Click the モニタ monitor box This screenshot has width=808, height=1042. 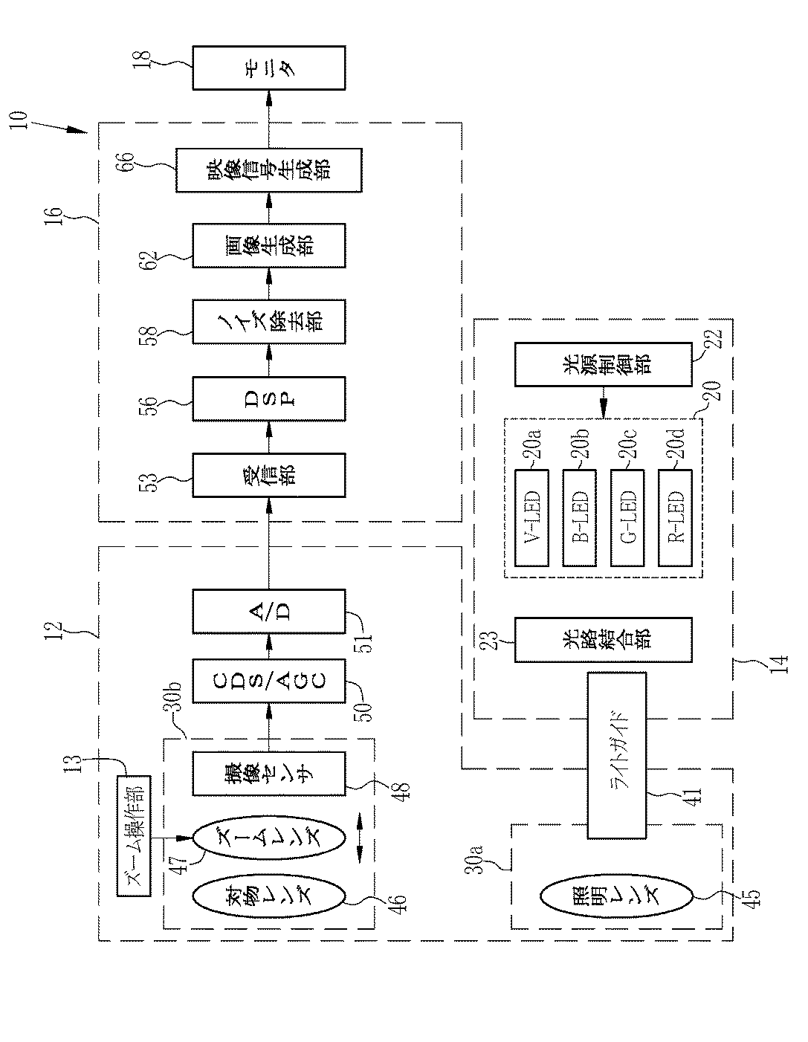268,68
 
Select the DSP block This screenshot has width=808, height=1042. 268,399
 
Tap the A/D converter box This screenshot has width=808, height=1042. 268,612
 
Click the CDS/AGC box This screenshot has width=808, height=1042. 268,681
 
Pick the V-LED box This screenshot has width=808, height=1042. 531,518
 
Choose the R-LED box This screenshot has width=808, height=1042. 675,518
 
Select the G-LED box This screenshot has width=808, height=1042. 627,518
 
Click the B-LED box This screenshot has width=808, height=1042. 579,518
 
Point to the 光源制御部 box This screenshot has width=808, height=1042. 604,364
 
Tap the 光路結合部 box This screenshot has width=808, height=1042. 604,640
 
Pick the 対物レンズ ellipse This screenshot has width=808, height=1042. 268,896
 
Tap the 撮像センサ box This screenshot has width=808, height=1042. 268,774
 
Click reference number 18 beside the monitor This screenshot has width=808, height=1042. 143,60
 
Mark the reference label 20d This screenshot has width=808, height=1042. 677,444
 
